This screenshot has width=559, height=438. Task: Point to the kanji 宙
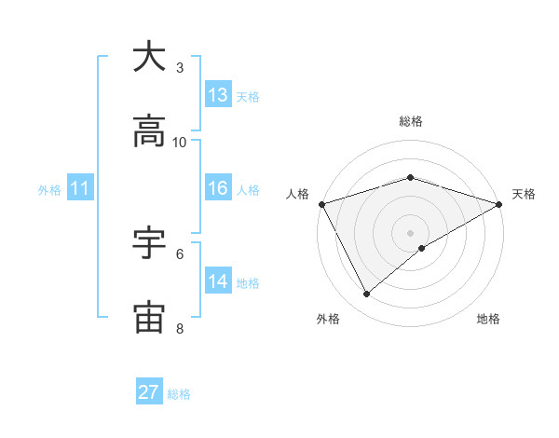tap(149, 318)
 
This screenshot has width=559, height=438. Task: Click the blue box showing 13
tap(218, 94)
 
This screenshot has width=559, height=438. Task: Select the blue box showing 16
tap(218, 188)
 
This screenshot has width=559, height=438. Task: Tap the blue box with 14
tap(218, 281)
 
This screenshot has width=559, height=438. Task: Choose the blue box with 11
tap(79, 188)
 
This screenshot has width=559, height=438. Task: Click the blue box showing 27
tap(149, 392)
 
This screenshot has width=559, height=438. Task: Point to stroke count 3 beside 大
tap(180, 67)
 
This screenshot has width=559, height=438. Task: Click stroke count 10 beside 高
tap(180, 142)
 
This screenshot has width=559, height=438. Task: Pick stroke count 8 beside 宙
tap(180, 328)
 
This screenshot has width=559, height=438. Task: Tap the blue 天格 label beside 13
tap(248, 96)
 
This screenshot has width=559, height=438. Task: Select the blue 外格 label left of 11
tap(49, 190)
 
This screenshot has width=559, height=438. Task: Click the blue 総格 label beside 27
tap(179, 394)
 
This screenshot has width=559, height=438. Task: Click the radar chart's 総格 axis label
tap(411, 121)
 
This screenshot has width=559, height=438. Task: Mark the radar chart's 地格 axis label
tap(488, 319)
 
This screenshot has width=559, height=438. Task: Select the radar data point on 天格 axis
tap(499, 203)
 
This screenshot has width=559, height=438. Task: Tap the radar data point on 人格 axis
tap(321, 203)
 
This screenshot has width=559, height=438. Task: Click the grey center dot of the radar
tap(411, 232)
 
